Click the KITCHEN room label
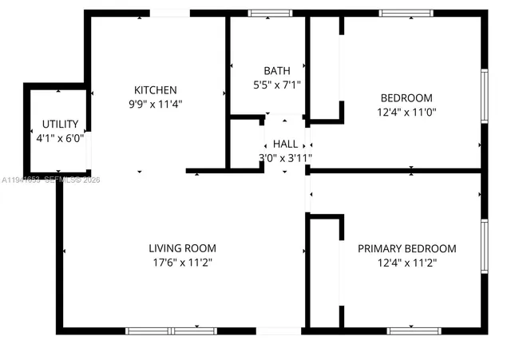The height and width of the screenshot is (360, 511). [155, 90]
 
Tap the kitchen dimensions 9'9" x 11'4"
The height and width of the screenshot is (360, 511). [155, 104]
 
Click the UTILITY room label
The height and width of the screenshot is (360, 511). [60, 124]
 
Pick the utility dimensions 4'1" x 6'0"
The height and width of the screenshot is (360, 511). [60, 137]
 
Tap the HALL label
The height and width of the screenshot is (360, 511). [285, 144]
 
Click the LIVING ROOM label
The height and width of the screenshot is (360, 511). [182, 248]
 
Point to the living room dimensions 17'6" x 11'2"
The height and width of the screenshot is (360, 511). [182, 262]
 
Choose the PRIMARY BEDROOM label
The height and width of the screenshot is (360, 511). [406, 248]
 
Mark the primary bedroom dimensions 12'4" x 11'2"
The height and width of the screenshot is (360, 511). [406, 262]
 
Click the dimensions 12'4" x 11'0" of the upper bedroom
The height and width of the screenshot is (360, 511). [406, 113]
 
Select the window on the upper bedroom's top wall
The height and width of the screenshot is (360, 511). [406, 13]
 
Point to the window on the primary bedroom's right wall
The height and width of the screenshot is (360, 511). [484, 247]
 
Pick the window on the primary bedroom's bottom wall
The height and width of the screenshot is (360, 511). [413, 330]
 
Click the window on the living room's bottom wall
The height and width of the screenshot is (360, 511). [171, 330]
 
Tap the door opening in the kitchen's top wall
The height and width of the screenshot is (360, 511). [170, 13]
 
